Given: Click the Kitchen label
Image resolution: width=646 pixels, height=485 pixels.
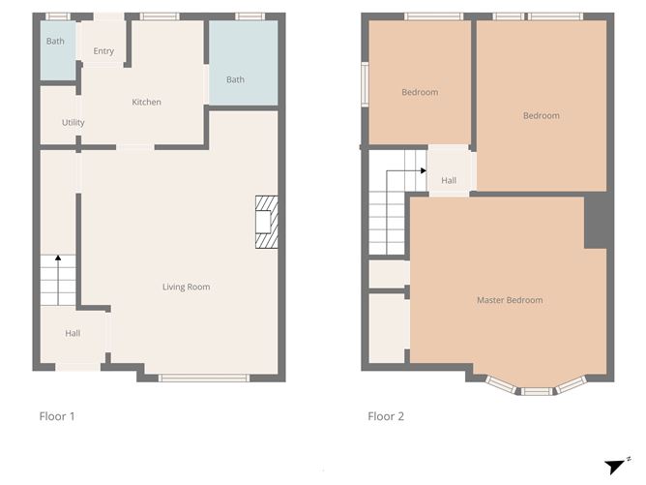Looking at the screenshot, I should pyautogui.click(x=146, y=103).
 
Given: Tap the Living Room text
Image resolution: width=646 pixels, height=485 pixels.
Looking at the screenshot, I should pyautogui.click(x=186, y=287).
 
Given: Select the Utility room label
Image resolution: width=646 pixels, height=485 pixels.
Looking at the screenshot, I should pyautogui.click(x=73, y=123).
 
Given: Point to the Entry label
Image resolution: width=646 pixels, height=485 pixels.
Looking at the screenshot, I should pyautogui.click(x=103, y=51).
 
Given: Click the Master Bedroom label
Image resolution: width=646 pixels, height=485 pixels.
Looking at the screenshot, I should pyautogui.click(x=510, y=300).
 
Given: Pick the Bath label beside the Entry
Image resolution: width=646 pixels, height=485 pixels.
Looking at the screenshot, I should pyautogui.click(x=55, y=42).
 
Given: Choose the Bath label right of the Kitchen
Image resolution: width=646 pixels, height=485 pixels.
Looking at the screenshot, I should pyautogui.click(x=235, y=79).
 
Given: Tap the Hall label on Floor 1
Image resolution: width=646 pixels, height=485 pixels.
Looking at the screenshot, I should pyautogui.click(x=73, y=333).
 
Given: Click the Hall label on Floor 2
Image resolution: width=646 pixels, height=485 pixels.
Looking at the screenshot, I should pyautogui.click(x=449, y=180).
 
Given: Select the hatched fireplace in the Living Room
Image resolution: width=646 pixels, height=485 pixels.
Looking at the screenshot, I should pyautogui.click(x=266, y=223).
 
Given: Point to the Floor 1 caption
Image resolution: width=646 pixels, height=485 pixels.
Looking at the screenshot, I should pyautogui.click(x=57, y=417).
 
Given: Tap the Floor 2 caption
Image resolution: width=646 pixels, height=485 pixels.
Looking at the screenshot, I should pyautogui.click(x=386, y=417).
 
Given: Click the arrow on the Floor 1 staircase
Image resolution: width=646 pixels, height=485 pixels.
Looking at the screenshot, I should pyautogui.click(x=57, y=258).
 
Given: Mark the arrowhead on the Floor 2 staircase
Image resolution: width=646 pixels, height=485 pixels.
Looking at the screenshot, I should pyautogui.click(x=424, y=170).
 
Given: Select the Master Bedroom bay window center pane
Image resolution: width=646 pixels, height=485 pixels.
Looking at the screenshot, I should pyautogui.click(x=537, y=391).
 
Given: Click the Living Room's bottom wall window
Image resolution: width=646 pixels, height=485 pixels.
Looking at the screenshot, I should pyautogui.click(x=197, y=378).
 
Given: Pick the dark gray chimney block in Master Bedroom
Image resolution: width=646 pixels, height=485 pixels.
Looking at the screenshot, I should pyautogui.click(x=597, y=221).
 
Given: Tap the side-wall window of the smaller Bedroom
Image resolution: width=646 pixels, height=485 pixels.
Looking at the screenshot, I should pyautogui.click(x=365, y=82).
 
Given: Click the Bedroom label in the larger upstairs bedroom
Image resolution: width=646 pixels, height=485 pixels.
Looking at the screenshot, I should pyautogui.click(x=541, y=116).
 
